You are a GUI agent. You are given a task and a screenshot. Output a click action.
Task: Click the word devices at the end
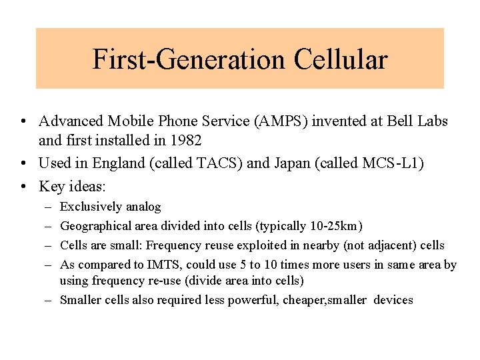393,300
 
